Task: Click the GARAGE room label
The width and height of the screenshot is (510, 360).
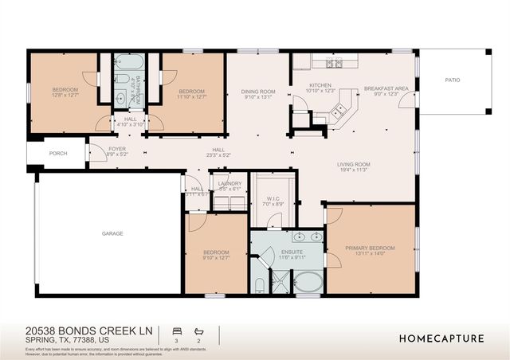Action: [112, 233]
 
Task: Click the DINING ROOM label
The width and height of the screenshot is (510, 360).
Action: [258, 92]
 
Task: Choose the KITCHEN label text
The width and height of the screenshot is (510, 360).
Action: [320, 85]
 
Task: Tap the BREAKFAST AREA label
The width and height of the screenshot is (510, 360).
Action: [386, 88]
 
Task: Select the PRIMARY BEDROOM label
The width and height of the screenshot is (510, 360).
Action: [371, 248]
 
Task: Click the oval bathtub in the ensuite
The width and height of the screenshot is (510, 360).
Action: [308, 282]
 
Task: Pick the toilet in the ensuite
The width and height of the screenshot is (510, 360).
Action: [260, 284]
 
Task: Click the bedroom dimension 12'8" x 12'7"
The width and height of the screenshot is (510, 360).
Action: [65, 96]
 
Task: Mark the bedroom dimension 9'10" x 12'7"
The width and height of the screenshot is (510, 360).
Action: [216, 257]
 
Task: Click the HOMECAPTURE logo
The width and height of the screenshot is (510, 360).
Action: [441, 338]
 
